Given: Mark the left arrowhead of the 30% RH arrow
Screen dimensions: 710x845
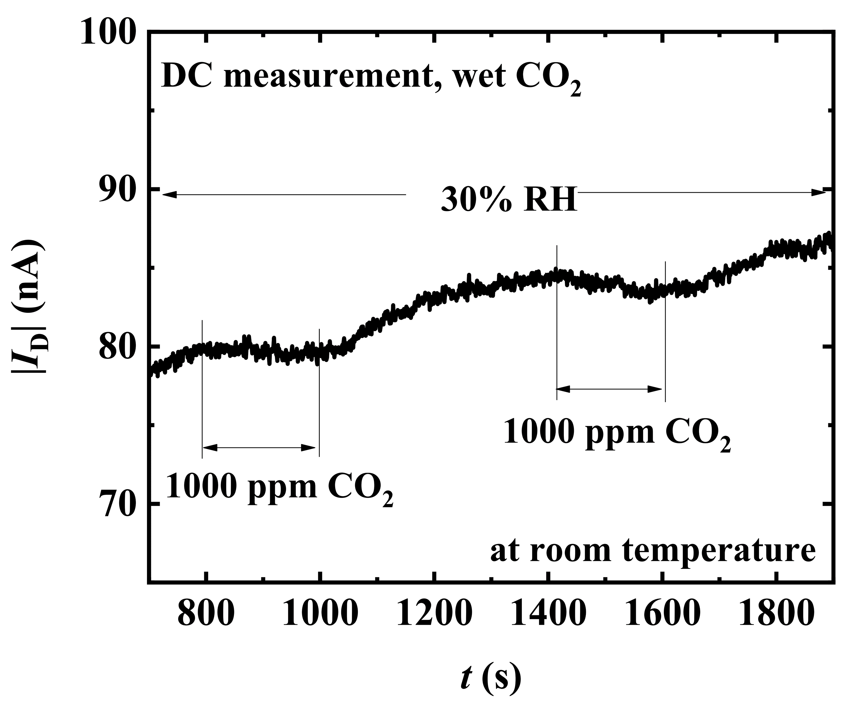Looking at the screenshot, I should (x=169, y=195).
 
